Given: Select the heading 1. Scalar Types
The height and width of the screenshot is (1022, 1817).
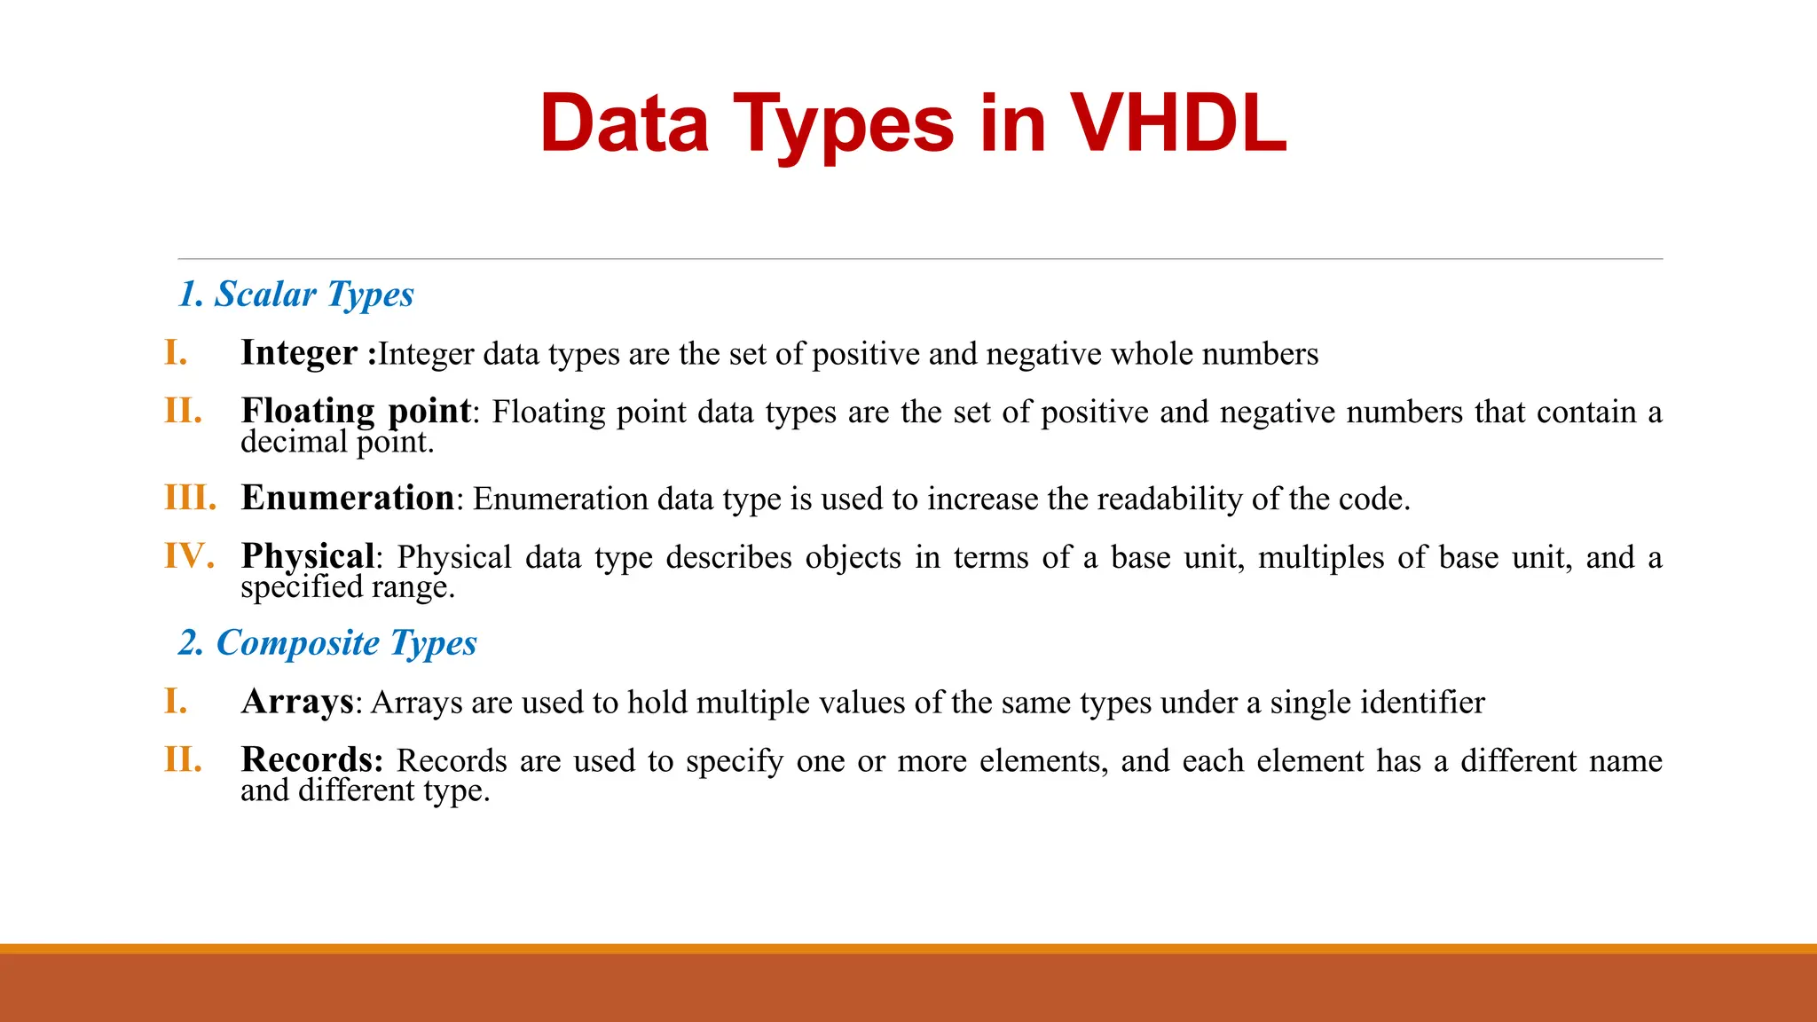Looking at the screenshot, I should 296,295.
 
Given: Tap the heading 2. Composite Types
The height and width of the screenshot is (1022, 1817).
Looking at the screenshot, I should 327,643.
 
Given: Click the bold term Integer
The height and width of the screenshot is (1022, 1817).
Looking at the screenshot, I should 299,353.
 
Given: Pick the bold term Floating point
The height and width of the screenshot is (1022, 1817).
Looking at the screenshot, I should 356,411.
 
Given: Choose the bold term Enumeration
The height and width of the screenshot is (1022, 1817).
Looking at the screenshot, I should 348,498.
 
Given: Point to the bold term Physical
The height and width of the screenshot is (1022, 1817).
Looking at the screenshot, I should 308,556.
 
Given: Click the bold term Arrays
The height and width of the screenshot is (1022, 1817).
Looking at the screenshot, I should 297,702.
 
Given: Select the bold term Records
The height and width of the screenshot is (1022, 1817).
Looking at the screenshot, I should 311,760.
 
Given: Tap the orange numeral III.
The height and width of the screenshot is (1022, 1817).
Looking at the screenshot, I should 190,498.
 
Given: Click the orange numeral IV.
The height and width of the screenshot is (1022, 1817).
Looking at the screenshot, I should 189,556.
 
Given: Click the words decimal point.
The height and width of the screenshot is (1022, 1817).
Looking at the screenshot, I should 337,442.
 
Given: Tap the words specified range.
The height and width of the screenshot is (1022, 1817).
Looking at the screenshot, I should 347,587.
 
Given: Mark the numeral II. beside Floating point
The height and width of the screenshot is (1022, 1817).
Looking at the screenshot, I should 183,411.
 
